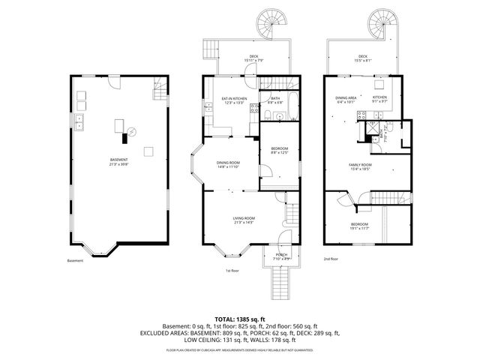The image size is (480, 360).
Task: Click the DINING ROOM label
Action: click(228, 164)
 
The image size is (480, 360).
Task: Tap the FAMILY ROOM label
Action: click(360, 166)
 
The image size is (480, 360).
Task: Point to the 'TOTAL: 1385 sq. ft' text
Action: click(240, 319)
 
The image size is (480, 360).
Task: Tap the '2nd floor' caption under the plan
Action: click(331, 259)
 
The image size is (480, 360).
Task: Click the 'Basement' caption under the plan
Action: click(75, 261)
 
